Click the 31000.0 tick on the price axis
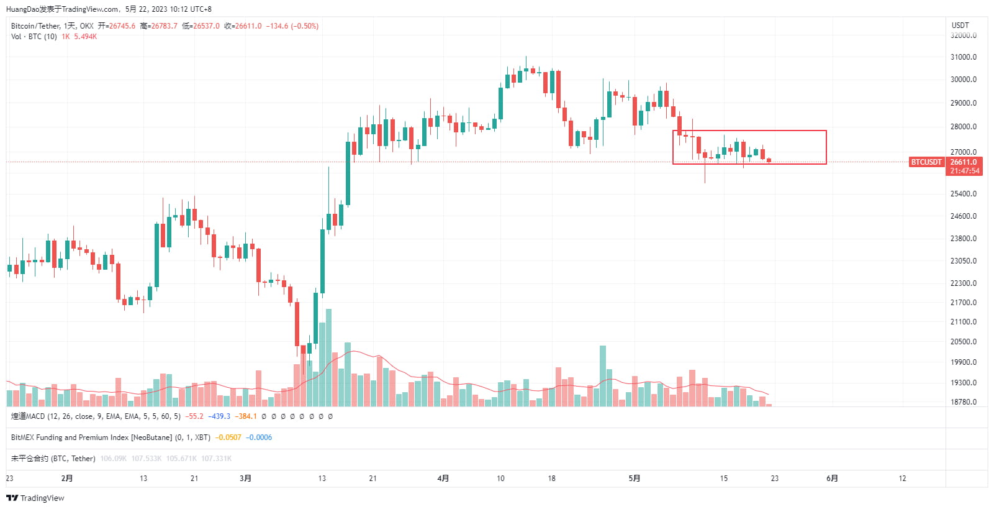[963, 57]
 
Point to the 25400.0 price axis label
[963, 194]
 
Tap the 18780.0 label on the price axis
[963, 402]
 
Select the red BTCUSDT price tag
[926, 162]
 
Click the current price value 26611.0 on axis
[964, 162]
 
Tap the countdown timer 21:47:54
[964, 171]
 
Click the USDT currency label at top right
[960, 25]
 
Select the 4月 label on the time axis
[443, 479]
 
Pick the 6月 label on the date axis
[832, 479]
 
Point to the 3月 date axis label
[245, 479]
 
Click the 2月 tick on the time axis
[67, 479]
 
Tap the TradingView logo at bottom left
[35, 498]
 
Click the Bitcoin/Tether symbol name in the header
[35, 26]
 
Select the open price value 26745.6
[122, 26]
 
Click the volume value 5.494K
[85, 37]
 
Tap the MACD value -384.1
[245, 416]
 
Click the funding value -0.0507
[228, 438]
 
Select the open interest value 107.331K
[216, 459]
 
